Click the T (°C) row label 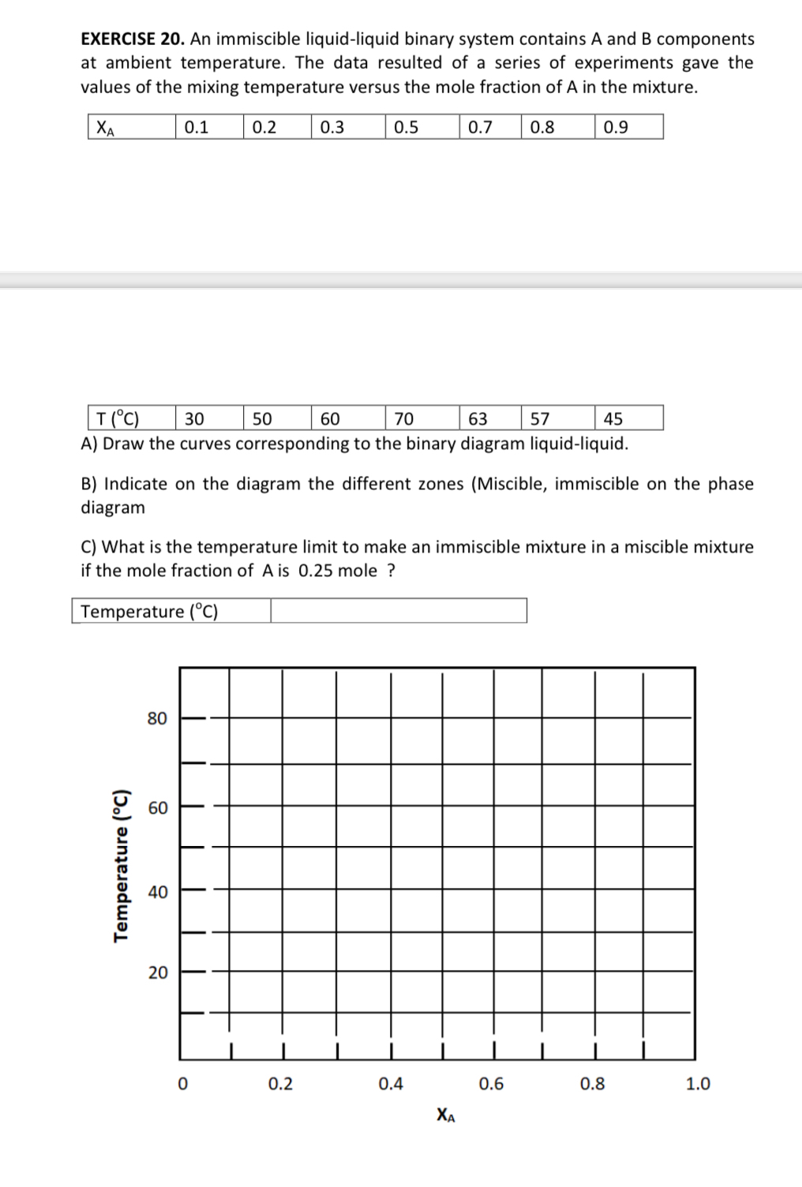click(118, 418)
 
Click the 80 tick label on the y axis click(158, 718)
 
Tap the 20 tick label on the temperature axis click(158, 972)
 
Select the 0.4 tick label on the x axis click(391, 1084)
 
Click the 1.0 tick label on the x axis click(698, 1084)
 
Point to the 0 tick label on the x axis click(182, 1084)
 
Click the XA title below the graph click(445, 1115)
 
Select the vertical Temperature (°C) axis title click(121, 865)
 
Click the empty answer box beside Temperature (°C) click(399, 611)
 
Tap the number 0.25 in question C click(315, 571)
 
